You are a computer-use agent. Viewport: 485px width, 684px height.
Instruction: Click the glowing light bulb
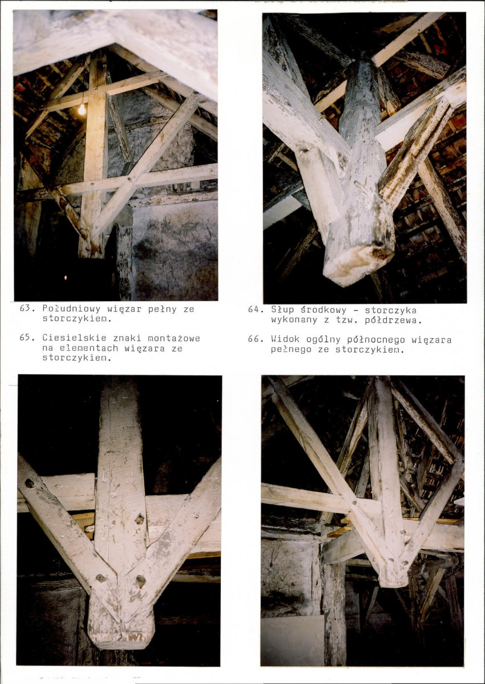click(x=82, y=110)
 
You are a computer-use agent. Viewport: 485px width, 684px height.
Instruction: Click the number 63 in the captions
click(x=24, y=309)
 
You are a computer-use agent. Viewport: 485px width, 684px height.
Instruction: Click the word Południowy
click(x=71, y=309)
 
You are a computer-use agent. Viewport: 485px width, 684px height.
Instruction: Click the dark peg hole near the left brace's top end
click(x=30, y=483)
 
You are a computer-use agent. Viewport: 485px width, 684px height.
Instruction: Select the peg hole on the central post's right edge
click(x=140, y=519)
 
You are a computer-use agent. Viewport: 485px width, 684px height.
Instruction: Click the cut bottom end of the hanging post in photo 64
click(x=359, y=266)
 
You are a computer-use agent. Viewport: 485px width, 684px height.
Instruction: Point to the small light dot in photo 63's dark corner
click(x=66, y=277)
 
